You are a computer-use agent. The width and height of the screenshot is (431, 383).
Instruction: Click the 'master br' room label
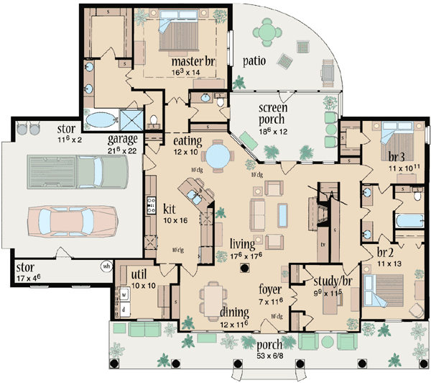(189, 61)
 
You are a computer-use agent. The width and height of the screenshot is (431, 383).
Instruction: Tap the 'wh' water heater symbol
(107, 266)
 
